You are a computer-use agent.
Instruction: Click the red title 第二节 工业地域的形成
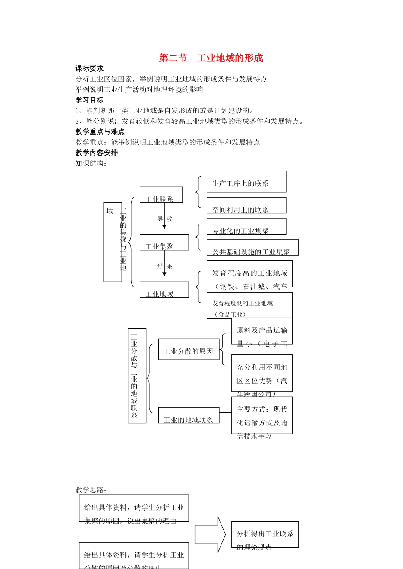[x=211, y=58]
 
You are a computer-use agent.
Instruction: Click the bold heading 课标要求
[x=90, y=69]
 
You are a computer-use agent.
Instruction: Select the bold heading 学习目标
[x=90, y=100]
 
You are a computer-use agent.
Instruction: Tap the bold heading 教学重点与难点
[x=100, y=132]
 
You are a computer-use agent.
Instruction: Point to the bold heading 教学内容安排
[x=97, y=153]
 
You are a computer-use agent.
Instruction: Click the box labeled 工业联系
[x=161, y=195]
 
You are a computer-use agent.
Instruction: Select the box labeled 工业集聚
[x=164, y=242]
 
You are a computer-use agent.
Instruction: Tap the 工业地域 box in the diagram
[x=164, y=290]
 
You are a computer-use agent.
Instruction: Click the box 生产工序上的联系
[x=246, y=182]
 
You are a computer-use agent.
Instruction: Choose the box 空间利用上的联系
[x=246, y=206]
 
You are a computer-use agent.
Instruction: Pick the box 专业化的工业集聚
[x=246, y=227]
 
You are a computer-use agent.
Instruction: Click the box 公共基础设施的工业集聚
[x=252, y=248]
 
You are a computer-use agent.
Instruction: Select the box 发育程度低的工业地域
[x=249, y=306]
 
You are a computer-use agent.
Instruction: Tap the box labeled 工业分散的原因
[x=188, y=350]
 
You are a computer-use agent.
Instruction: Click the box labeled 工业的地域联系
[x=188, y=416]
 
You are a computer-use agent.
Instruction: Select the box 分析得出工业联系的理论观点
[x=265, y=535]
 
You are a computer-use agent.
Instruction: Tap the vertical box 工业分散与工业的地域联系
[x=137, y=376]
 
